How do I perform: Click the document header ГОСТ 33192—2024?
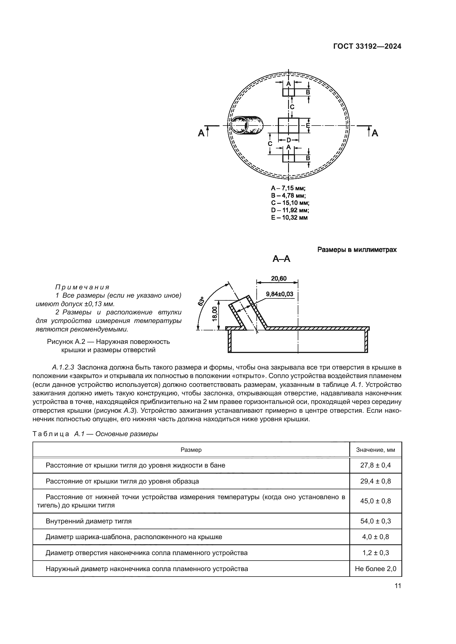pyautogui.click(x=367, y=47)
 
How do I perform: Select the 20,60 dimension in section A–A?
pyautogui.click(x=278, y=278)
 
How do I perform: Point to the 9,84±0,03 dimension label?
pyautogui.click(x=279, y=294)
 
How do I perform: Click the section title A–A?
pyautogui.click(x=281, y=259)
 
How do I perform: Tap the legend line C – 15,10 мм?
pyautogui.click(x=290, y=203)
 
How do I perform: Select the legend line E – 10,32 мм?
pyautogui.click(x=289, y=218)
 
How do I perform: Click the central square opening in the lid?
pyautogui.click(x=288, y=125)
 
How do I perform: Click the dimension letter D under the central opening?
pyautogui.click(x=288, y=140)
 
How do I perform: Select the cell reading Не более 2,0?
pyautogui.click(x=375, y=569)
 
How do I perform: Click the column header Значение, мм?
pyautogui.click(x=375, y=450)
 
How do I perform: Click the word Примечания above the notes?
pyautogui.click(x=82, y=287)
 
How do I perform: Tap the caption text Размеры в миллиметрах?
pyautogui.click(x=357, y=250)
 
